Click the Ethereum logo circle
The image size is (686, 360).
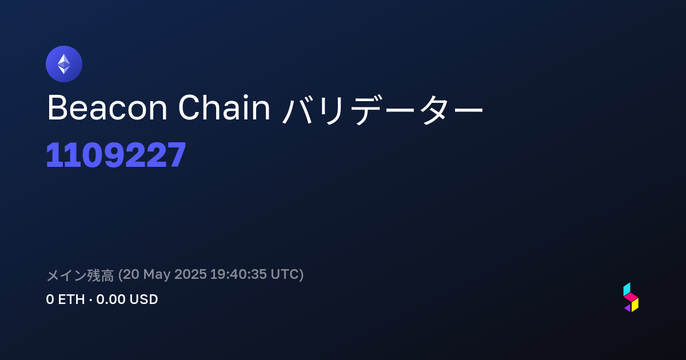64,64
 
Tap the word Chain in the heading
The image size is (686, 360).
224,108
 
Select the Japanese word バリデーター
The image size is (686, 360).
382,109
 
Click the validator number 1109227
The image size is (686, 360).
115,155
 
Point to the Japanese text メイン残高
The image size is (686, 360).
80,275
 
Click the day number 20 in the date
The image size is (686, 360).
131,274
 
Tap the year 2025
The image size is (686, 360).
190,274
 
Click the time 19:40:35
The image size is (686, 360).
238,274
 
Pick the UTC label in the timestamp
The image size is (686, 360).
285,274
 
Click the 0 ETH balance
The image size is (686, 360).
65,299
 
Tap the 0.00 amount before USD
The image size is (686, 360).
110,299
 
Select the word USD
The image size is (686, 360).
143,299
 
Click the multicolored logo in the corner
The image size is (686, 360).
631,297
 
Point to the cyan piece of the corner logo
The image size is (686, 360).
627,289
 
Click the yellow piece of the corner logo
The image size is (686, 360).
635,305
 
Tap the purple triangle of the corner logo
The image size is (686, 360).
628,308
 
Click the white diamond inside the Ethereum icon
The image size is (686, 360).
64,64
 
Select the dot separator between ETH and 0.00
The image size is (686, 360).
91,300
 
